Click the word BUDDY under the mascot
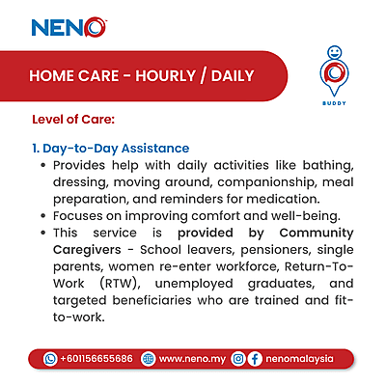click(333, 109)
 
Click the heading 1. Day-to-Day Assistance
click(108, 150)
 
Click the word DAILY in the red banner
click(238, 75)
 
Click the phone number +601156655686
click(96, 358)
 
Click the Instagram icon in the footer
click(237, 358)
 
